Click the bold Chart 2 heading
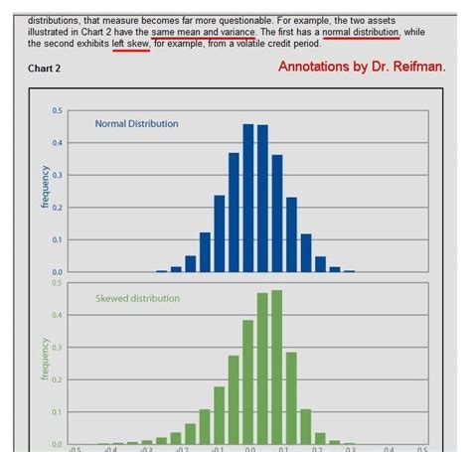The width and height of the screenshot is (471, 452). (x=44, y=71)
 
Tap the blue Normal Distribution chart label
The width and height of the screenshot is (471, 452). (x=136, y=124)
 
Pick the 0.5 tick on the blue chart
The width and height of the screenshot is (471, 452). (x=58, y=110)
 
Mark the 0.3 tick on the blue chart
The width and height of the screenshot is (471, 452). (x=58, y=175)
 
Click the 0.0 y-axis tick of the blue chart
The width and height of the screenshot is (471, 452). (x=58, y=271)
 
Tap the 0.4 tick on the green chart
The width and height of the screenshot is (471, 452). (x=58, y=315)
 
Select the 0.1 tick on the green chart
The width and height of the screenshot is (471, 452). (x=58, y=412)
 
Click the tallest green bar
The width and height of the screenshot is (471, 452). (x=277, y=367)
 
